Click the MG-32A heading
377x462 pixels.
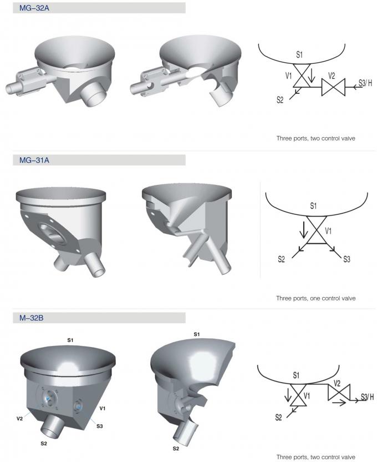(34, 8)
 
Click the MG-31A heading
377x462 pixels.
(34, 160)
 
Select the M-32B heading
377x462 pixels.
(31, 318)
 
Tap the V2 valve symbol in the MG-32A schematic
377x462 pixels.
(333, 87)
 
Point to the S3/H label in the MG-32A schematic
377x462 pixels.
(365, 83)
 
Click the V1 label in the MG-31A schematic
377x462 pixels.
(328, 230)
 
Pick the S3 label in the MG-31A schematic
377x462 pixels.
(347, 259)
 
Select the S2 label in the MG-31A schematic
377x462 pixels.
(281, 259)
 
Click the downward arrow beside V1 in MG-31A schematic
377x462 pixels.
(303, 230)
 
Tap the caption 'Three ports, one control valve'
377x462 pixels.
(315, 298)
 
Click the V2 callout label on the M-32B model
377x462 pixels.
(19, 418)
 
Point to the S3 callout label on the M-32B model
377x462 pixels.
(100, 426)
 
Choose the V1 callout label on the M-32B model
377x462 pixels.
(103, 408)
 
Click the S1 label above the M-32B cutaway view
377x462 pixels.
(196, 334)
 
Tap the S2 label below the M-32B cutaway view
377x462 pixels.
(176, 449)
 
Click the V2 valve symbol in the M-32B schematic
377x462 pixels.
(339, 392)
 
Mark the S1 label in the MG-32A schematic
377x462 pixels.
(299, 54)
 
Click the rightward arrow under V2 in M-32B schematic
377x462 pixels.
(339, 403)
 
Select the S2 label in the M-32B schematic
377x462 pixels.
(278, 417)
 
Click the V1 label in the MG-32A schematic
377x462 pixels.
(288, 76)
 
